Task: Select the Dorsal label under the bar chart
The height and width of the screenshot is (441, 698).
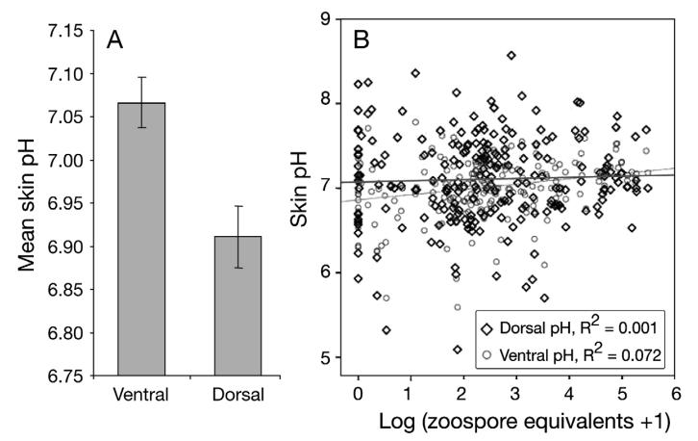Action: (x=238, y=397)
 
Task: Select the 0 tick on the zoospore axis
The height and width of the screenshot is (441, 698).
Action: (x=357, y=395)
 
